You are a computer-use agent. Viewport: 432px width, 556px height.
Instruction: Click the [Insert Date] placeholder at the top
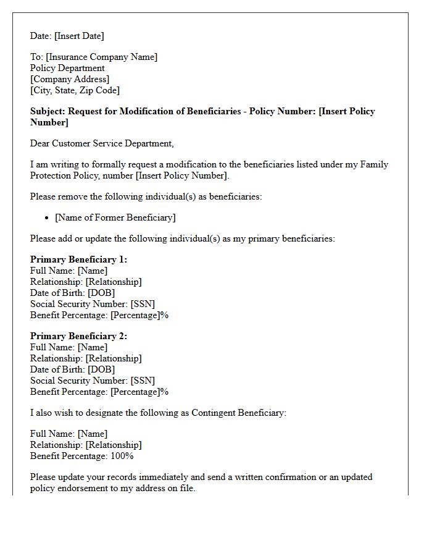(x=79, y=36)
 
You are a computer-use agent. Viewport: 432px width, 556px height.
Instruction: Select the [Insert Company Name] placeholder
(x=101, y=57)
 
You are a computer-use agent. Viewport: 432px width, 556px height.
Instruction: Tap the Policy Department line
(x=67, y=68)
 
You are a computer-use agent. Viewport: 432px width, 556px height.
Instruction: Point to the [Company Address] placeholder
(x=70, y=79)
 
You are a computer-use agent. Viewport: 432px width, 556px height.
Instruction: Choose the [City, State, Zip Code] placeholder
(x=75, y=90)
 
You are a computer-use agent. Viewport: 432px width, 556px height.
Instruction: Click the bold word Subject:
(x=48, y=111)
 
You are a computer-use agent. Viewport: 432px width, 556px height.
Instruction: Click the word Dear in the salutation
(x=40, y=143)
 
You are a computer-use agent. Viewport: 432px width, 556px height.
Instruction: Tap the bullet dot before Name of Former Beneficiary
(x=48, y=217)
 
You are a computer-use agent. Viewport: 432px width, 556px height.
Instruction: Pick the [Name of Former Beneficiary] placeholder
(x=115, y=217)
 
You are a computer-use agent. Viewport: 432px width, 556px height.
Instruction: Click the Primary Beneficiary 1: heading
(x=78, y=259)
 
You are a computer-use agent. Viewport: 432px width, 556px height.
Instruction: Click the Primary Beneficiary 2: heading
(x=78, y=336)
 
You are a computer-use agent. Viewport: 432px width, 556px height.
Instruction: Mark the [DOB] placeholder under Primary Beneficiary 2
(x=101, y=369)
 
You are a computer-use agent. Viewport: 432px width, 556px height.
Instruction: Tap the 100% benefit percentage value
(x=122, y=456)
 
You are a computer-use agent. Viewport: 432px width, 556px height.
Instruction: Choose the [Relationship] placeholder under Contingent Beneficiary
(x=113, y=445)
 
